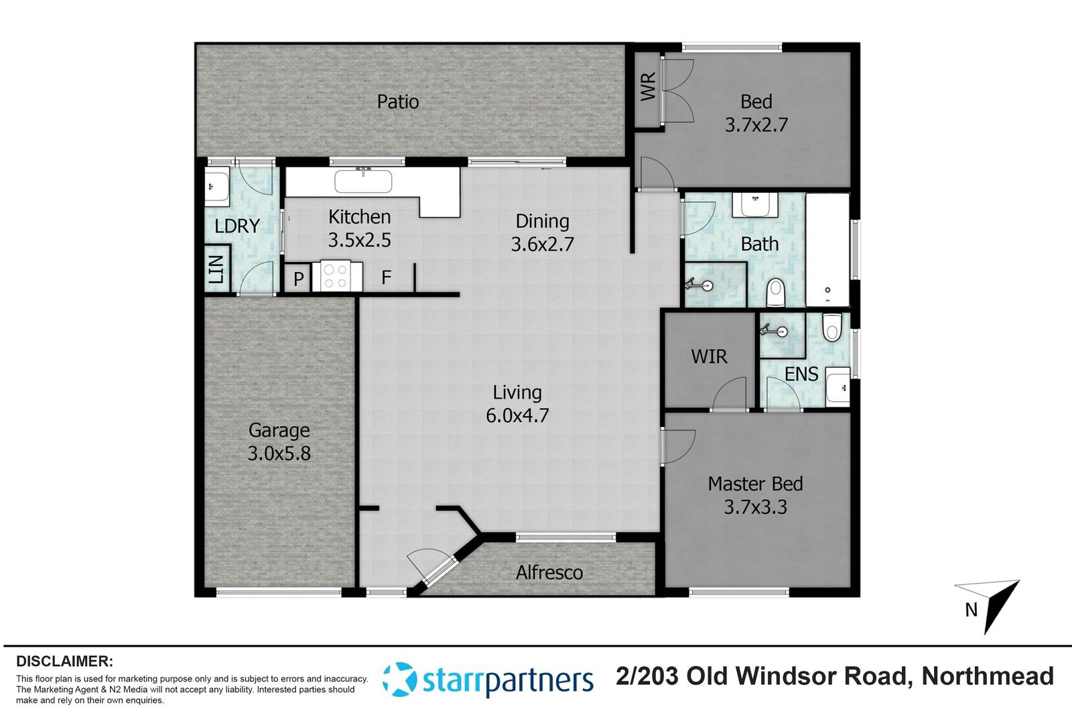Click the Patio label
click(x=398, y=101)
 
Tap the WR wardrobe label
click(x=648, y=86)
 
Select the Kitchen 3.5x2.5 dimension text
click(x=359, y=240)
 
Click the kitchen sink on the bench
click(x=363, y=182)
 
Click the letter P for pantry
click(x=298, y=279)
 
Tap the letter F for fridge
click(x=386, y=277)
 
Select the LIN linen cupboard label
click(x=216, y=269)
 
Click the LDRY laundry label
click(x=237, y=226)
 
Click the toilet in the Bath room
click(x=776, y=293)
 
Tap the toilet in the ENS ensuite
click(x=832, y=326)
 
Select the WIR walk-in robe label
click(x=709, y=356)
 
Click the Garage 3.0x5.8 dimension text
click(x=279, y=453)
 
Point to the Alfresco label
click(x=549, y=572)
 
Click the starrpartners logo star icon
click(x=399, y=679)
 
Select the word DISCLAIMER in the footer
click(x=64, y=661)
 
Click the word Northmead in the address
click(x=988, y=676)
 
